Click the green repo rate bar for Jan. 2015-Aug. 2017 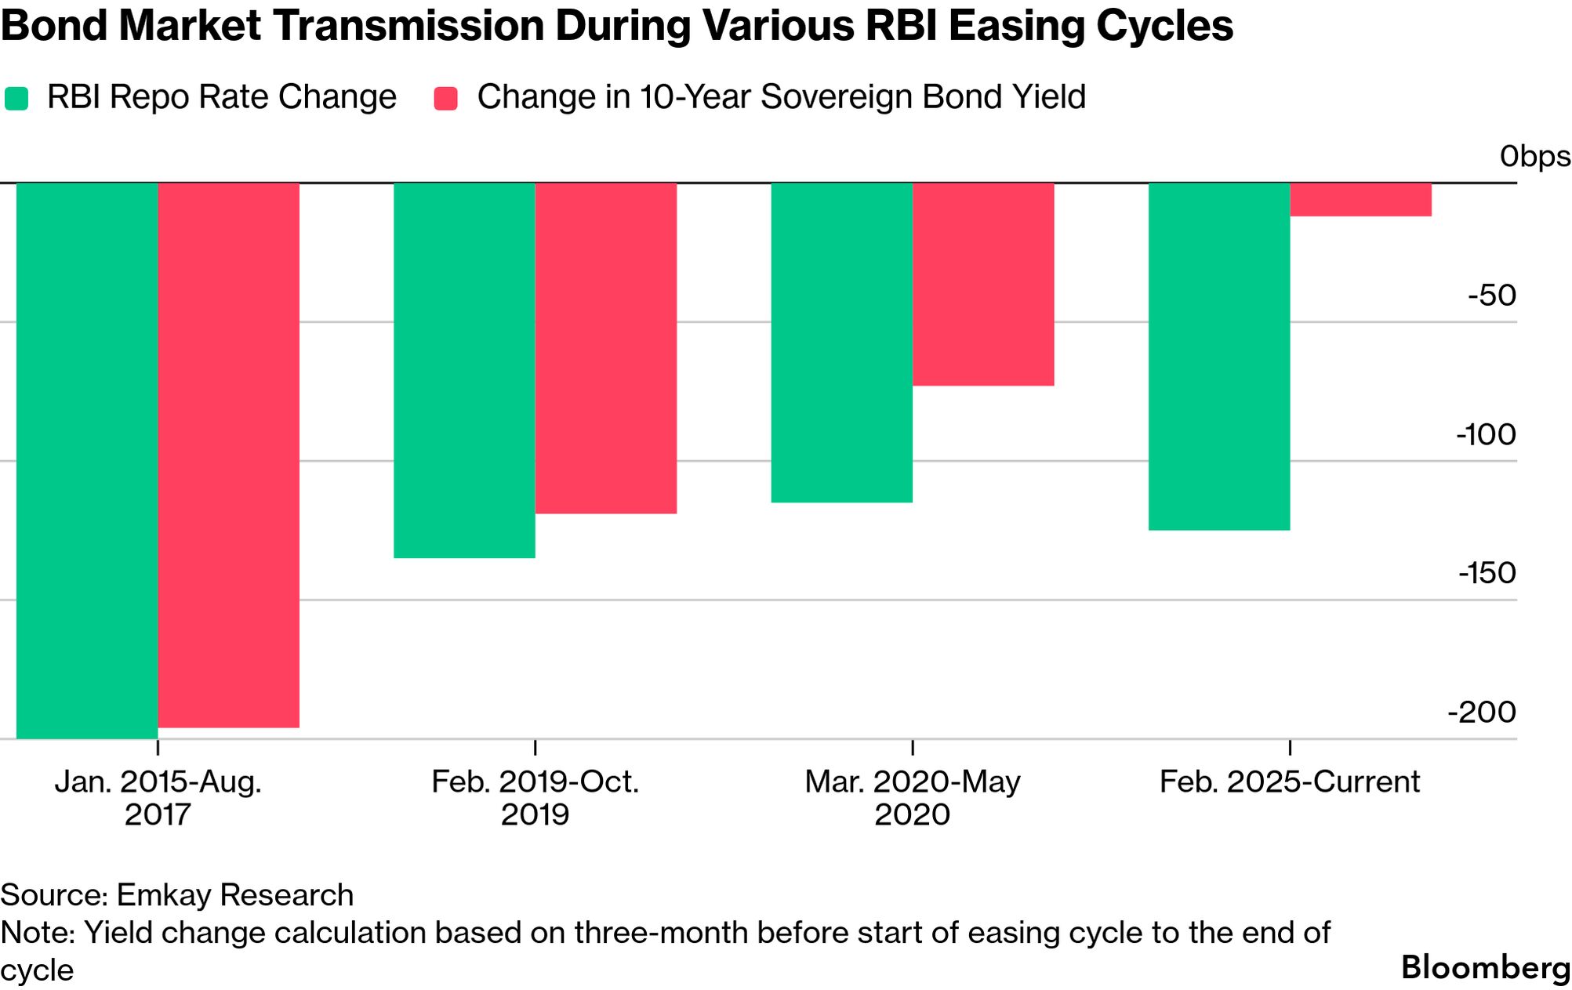click(x=86, y=460)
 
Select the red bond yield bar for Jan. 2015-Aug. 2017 click(x=228, y=455)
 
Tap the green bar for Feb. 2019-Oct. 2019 click(x=464, y=370)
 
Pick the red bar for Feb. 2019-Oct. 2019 click(x=605, y=348)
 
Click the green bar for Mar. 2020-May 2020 click(x=841, y=343)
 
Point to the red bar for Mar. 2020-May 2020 click(x=983, y=284)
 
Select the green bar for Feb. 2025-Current click(x=1219, y=357)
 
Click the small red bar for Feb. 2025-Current click(x=1360, y=199)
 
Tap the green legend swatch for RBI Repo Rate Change click(x=16, y=98)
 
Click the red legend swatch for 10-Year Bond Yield click(x=445, y=98)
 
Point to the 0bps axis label click(x=1534, y=157)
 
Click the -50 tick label click(x=1492, y=296)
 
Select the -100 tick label click(x=1486, y=434)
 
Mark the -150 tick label click(x=1487, y=573)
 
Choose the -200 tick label click(x=1482, y=712)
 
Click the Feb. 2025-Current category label click(x=1289, y=781)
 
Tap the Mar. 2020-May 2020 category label click(x=912, y=797)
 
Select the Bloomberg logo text click(x=1485, y=967)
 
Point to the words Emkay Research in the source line click(x=234, y=894)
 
